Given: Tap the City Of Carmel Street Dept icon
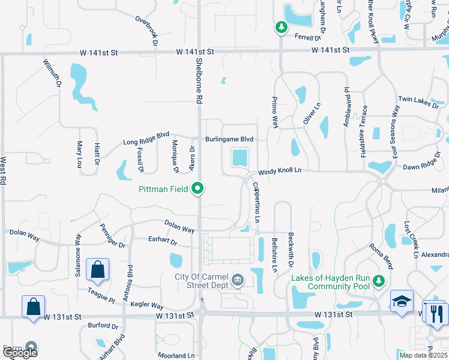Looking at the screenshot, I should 238,280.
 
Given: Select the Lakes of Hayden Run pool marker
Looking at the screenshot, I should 378,281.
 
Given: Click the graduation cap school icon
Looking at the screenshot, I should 400,300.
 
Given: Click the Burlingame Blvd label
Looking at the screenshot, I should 229,139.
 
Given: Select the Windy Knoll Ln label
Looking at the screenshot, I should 280,170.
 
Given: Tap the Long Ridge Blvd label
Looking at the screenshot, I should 146,139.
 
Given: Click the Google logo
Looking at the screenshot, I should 20,352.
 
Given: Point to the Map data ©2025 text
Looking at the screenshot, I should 423,355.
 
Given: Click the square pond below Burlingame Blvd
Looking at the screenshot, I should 239,159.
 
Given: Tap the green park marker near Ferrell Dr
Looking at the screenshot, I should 280,27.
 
